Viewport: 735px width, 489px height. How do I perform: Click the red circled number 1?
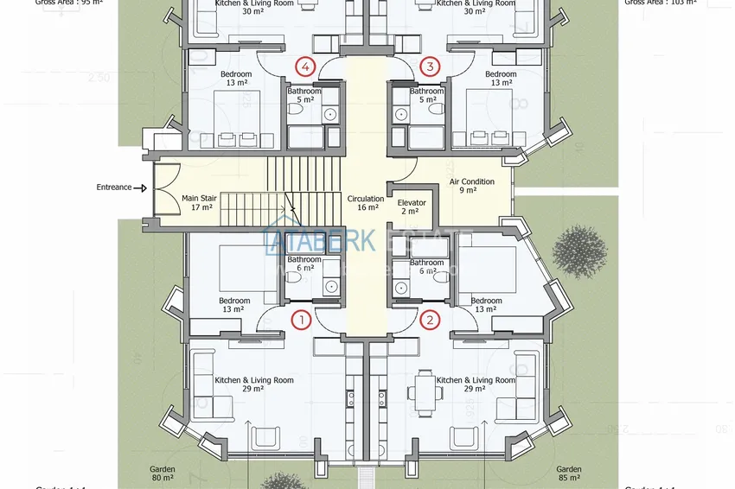301,320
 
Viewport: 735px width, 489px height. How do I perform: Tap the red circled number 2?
430,320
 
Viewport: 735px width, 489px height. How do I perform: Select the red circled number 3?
430,66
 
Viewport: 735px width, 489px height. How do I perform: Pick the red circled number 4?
304,66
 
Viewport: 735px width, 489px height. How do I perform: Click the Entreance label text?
114,187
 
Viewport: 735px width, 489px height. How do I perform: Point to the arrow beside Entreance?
141,187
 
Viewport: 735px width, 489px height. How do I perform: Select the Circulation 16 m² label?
365,203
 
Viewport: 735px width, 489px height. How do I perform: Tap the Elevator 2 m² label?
412,207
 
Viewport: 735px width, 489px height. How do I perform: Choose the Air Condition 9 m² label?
472,186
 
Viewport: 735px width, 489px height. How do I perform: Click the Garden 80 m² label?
162,475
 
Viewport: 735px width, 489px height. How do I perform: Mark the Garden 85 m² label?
569,475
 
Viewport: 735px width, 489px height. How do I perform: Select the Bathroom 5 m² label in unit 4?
304,95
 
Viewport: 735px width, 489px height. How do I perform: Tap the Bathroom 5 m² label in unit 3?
426,95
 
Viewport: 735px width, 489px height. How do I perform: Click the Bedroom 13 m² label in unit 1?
235,305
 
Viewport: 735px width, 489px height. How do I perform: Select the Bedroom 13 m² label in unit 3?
501,79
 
